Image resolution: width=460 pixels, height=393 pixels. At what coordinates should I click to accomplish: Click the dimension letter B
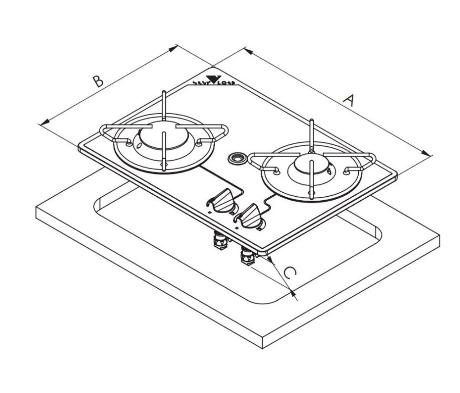(x=97, y=81)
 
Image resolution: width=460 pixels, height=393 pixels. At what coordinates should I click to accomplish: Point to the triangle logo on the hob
(x=214, y=79)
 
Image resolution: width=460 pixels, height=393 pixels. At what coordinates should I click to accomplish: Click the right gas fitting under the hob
(x=247, y=256)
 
